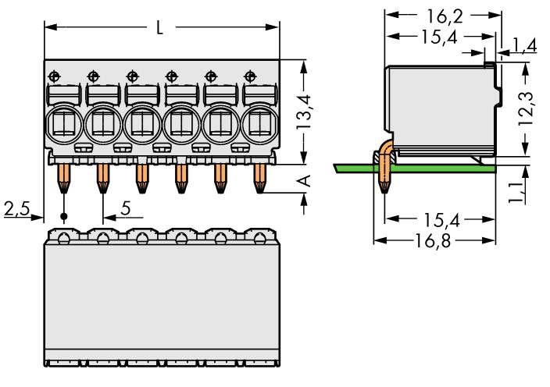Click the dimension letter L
[159, 28]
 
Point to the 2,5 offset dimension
[17, 208]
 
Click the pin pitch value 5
[126, 209]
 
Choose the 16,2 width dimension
[443, 14]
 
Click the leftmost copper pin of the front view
[63, 178]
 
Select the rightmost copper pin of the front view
[259, 178]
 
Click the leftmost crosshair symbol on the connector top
[54, 76]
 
